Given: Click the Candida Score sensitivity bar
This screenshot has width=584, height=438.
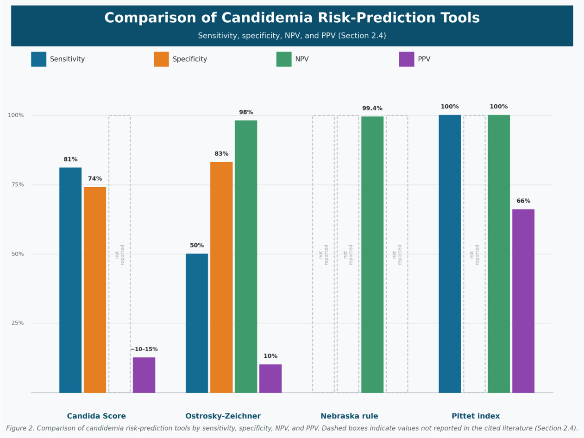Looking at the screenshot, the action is (x=70, y=280).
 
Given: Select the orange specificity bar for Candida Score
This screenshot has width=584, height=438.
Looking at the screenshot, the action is (x=95, y=290).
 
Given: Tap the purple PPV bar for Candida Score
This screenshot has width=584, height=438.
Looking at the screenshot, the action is (x=144, y=375).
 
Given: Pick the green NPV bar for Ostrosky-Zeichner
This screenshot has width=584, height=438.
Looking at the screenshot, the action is (x=246, y=256).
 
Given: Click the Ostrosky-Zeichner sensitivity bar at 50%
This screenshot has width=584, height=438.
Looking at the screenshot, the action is (x=197, y=323).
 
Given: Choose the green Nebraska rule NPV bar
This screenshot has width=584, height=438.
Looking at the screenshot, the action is (x=372, y=254).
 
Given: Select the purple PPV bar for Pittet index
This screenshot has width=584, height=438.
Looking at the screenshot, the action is (x=523, y=301).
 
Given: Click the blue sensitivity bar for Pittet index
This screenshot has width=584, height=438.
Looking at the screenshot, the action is (x=450, y=254).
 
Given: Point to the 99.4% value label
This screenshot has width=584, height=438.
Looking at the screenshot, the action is (x=372, y=108).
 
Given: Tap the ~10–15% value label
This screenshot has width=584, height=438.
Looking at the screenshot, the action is (x=144, y=349).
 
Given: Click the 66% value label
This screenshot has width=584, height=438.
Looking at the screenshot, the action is (x=523, y=201).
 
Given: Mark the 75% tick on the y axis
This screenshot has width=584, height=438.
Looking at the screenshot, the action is (x=18, y=184).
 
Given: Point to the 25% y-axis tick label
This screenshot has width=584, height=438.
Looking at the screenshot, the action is (x=18, y=323).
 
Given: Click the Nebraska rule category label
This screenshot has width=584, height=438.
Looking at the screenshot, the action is (x=349, y=416).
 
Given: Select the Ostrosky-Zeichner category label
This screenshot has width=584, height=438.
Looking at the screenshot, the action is (x=223, y=416).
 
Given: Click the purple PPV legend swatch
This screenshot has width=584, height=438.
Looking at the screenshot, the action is (x=407, y=59).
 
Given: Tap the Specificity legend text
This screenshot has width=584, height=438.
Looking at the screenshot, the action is (x=190, y=59).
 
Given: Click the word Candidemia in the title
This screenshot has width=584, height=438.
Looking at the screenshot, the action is (x=267, y=18).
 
